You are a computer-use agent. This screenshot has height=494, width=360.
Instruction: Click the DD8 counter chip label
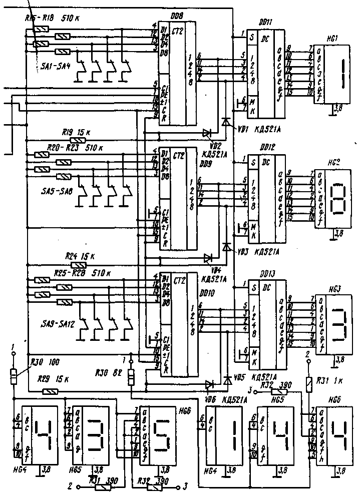click(x=176, y=17)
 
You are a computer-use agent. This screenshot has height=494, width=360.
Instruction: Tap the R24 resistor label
click(x=71, y=255)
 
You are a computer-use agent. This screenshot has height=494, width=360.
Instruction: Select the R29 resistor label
click(x=45, y=379)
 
